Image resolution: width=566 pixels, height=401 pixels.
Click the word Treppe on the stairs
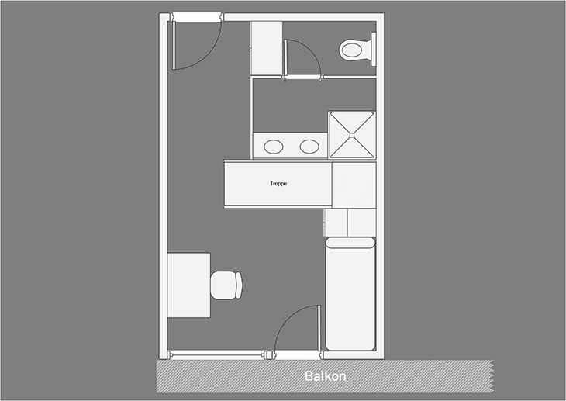(278, 184)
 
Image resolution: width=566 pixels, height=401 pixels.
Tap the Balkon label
(325, 376)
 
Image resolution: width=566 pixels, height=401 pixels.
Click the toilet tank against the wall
(374, 49)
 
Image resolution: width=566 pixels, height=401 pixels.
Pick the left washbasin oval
(274, 147)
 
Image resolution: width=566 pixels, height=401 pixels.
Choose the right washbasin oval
(309, 147)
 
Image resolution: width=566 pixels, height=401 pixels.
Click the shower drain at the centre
(352, 135)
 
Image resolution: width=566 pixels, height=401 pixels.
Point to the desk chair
(226, 285)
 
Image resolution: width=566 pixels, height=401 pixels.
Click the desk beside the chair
(188, 285)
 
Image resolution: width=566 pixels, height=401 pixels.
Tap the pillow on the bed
(350, 243)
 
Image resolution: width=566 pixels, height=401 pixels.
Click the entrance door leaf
(174, 45)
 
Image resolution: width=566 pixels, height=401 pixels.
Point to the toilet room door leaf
(286, 58)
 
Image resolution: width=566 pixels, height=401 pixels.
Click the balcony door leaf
(319, 327)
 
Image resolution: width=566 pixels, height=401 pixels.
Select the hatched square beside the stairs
(354, 185)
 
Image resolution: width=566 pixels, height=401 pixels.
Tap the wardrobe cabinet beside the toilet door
(267, 48)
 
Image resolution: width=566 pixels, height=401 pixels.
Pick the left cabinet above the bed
(336, 223)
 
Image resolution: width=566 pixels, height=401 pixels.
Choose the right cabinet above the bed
(361, 223)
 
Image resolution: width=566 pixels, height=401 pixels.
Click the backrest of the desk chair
(239, 285)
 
